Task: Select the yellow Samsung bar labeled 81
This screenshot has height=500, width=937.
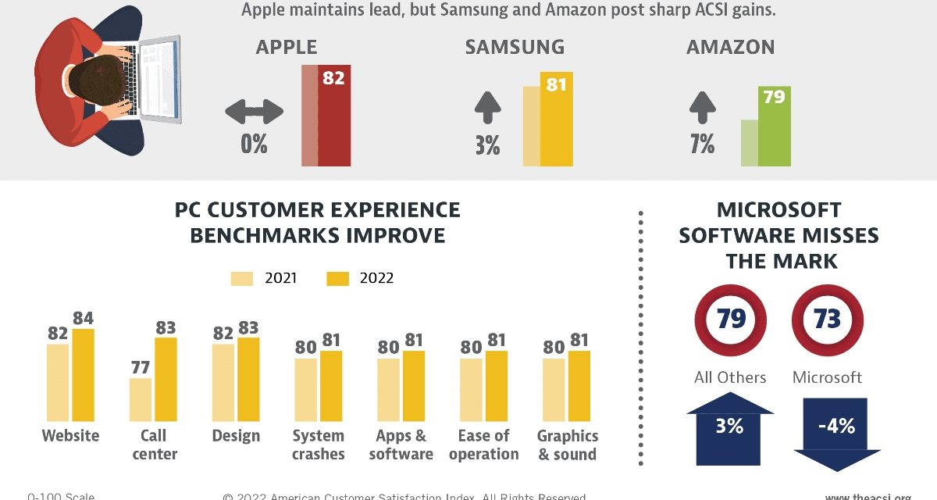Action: [x=557, y=121]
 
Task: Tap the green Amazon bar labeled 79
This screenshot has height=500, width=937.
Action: [x=775, y=129]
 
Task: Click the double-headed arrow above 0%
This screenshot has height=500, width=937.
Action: [x=254, y=112]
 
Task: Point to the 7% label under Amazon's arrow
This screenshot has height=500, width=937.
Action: [x=702, y=145]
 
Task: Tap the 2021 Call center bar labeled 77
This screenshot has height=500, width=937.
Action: [x=141, y=399]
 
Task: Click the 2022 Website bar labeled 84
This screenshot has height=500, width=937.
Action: [x=83, y=375]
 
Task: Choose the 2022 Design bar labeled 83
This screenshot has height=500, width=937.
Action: [x=248, y=379]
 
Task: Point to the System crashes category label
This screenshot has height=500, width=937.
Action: [x=319, y=445]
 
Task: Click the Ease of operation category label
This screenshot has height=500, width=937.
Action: [x=484, y=445]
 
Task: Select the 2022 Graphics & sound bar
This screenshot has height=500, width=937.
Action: [x=579, y=386]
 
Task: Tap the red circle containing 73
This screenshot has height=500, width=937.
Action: [x=827, y=320]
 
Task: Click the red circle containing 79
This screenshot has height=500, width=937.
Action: [x=730, y=320]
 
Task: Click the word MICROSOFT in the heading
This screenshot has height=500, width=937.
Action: [x=778, y=210]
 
